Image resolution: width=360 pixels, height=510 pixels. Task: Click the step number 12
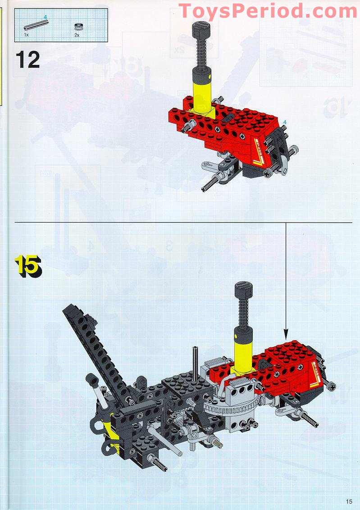pyautogui.click(x=27, y=59)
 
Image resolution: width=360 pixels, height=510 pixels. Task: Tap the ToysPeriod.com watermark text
pyautogui.click(x=268, y=11)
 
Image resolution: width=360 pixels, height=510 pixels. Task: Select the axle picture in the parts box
pyautogui.click(x=36, y=25)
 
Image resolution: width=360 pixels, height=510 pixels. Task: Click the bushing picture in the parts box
pyautogui.click(x=77, y=27)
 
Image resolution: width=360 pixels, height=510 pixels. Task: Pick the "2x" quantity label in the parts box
pyautogui.click(x=77, y=35)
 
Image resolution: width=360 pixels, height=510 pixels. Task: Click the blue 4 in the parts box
pyautogui.click(x=46, y=16)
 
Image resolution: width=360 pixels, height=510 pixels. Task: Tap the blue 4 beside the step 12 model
pyautogui.click(x=285, y=122)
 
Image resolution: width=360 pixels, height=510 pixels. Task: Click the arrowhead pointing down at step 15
pyautogui.click(x=286, y=334)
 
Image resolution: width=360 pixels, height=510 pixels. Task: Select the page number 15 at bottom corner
pyautogui.click(x=349, y=501)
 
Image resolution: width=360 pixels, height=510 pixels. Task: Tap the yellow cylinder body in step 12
pyautogui.click(x=202, y=91)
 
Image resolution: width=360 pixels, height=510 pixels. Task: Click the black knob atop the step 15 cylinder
pyautogui.click(x=244, y=290)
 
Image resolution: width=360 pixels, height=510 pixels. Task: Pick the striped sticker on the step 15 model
pyautogui.click(x=316, y=374)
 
